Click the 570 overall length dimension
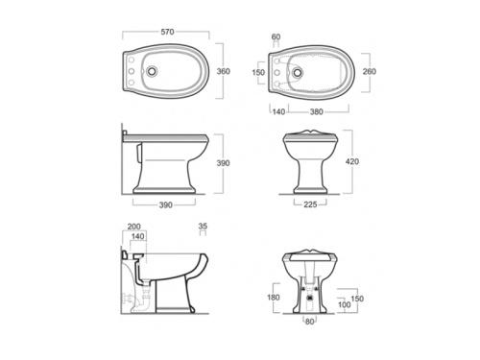coord(167,32)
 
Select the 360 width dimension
coord(224,71)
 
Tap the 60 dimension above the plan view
coord(276,36)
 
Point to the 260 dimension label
coord(370,71)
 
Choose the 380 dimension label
coord(317,111)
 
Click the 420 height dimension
coord(352,161)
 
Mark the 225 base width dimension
coord(310,204)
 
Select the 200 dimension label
coord(133,227)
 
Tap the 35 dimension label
coord(203,226)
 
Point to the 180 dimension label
coord(274,298)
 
